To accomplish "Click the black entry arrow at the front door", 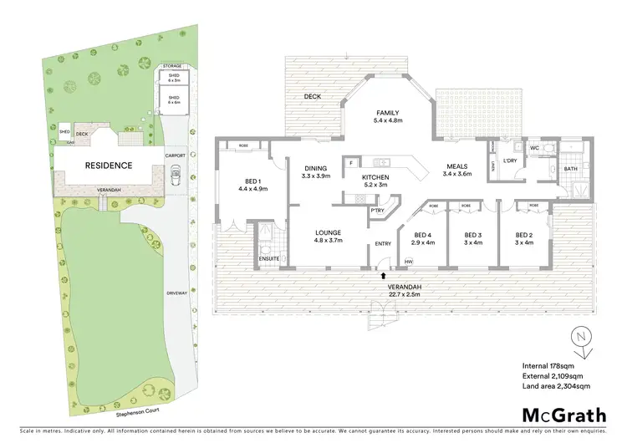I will (384, 273).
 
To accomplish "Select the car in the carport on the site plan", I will (176, 176).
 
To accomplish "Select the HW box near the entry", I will (408, 263).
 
